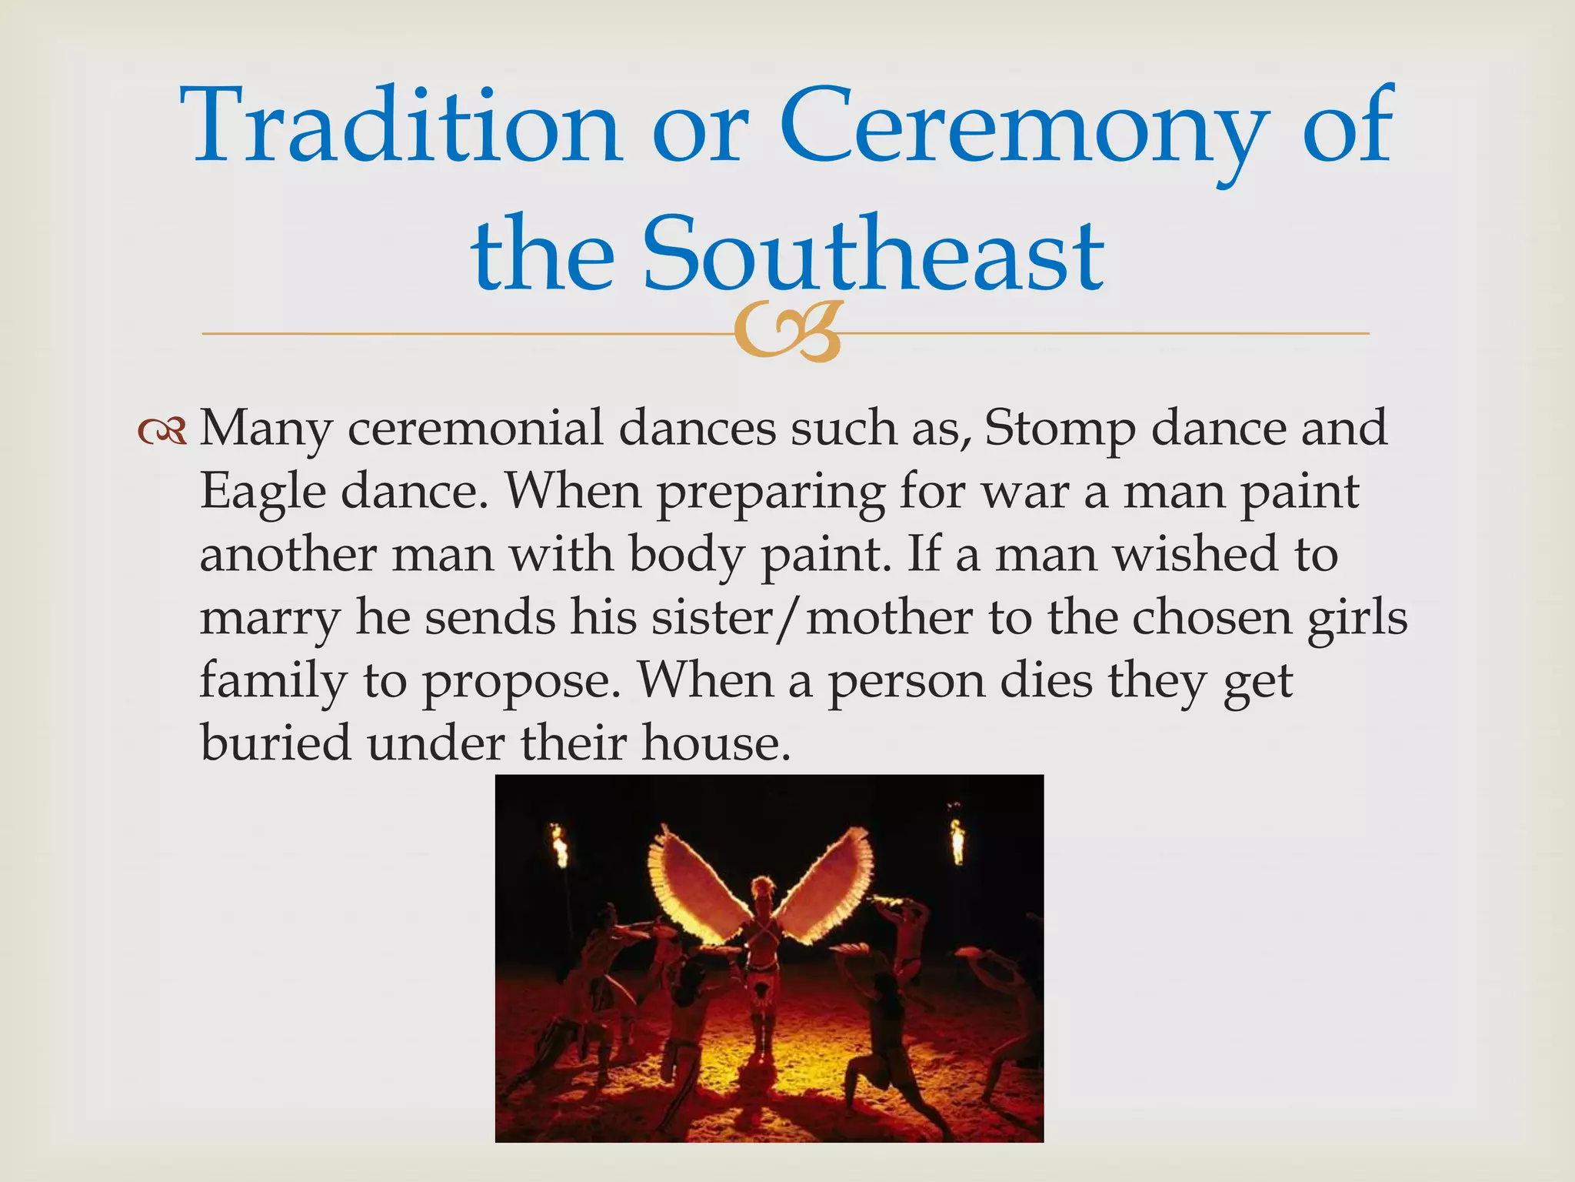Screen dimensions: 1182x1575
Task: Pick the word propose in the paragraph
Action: click(521, 681)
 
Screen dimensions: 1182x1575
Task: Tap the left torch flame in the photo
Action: click(560, 844)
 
